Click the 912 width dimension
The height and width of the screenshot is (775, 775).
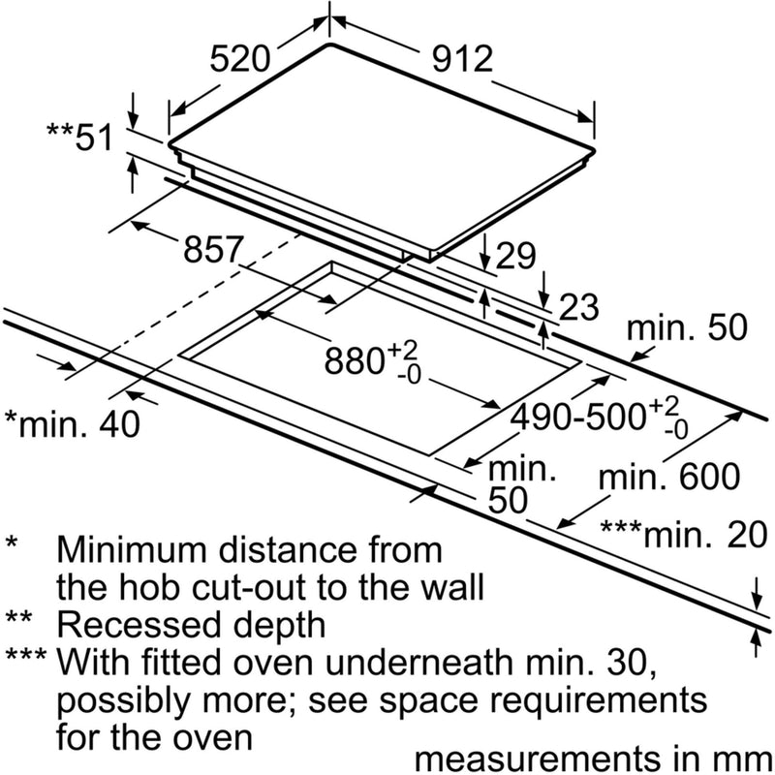pos(463,59)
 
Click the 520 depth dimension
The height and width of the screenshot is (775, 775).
pos(240,59)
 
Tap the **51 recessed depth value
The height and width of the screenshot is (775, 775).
pos(80,137)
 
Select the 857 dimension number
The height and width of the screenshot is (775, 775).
pos(213,249)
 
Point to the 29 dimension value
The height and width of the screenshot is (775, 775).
pos(515,256)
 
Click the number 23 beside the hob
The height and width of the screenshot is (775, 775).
pos(578,307)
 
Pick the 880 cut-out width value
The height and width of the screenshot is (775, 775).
pos(372,360)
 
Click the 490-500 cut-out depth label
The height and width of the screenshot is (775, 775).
pos(599,417)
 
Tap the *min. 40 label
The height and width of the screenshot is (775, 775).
pos(72,423)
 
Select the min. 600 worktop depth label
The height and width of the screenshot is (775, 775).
pos(669,477)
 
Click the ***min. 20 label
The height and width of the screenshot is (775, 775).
pos(684,535)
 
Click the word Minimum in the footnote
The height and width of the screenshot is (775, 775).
pos(134,549)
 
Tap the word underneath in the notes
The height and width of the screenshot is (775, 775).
pos(422,663)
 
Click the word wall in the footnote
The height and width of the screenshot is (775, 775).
pos(448,587)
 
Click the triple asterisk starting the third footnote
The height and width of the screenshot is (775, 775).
pos(26,656)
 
